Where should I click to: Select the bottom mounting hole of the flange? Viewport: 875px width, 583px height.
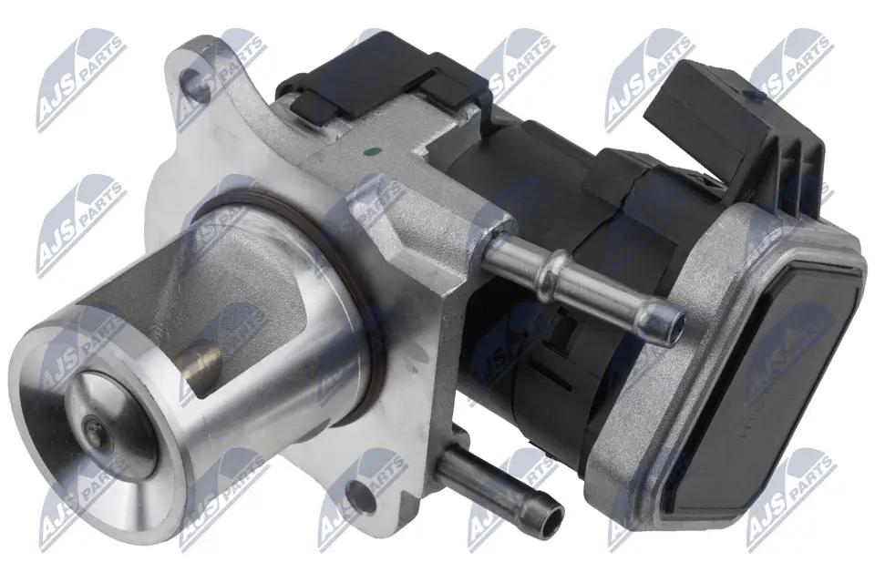[x=362, y=496]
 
